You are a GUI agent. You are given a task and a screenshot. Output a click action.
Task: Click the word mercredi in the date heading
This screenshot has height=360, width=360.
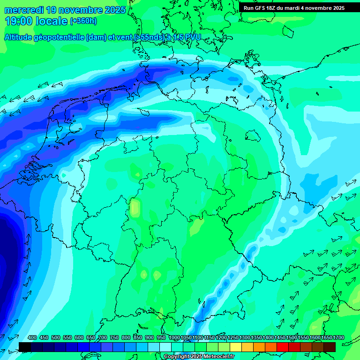25,10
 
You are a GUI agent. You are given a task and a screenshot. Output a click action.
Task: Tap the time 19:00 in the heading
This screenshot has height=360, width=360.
19,21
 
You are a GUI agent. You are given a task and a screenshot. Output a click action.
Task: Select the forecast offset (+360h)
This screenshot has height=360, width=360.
83,21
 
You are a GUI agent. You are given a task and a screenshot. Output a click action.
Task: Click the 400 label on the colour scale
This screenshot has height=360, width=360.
32,337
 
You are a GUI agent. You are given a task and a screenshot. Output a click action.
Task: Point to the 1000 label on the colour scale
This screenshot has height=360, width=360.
174,337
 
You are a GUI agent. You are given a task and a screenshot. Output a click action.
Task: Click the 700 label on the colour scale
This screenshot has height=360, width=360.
103,337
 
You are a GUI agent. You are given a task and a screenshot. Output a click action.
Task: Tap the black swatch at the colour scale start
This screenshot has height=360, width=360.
25,347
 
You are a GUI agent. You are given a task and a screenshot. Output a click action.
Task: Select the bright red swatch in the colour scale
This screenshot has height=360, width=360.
282,347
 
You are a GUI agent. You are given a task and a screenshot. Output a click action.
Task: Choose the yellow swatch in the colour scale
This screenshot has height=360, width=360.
235,347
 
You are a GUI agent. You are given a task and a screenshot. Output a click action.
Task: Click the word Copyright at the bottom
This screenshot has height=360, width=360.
177,357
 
